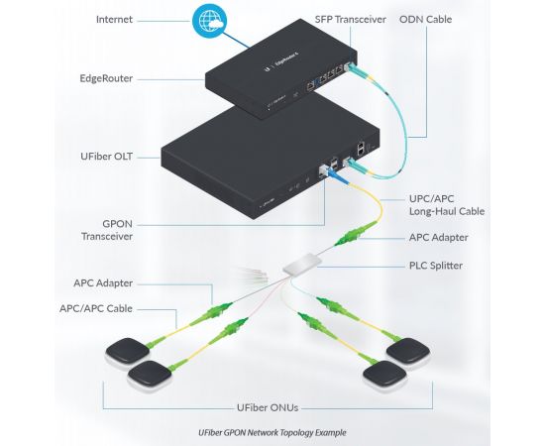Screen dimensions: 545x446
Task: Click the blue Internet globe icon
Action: (210, 20)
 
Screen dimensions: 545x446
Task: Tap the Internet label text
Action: (114, 20)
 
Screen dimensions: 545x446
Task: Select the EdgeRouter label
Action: (106, 78)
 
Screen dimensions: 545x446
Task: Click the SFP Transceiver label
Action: (351, 20)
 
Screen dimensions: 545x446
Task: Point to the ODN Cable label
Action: (426, 20)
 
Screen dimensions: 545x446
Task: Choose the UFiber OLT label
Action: (106, 157)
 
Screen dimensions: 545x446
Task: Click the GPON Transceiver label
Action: (107, 230)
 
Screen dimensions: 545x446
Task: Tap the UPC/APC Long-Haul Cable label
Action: (447, 205)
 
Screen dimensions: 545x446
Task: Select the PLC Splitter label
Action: (436, 266)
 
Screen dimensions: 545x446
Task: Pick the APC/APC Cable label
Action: (96, 308)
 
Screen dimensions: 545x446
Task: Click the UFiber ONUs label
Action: (268, 407)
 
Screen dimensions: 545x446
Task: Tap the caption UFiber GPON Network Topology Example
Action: (272, 433)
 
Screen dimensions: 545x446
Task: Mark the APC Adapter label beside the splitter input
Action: (439, 238)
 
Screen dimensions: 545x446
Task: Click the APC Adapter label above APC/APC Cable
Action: (103, 283)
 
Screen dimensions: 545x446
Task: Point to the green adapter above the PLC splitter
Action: (356, 233)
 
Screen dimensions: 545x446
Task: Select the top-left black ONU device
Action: (128, 351)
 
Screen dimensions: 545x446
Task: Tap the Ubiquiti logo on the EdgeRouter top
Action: (267, 68)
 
